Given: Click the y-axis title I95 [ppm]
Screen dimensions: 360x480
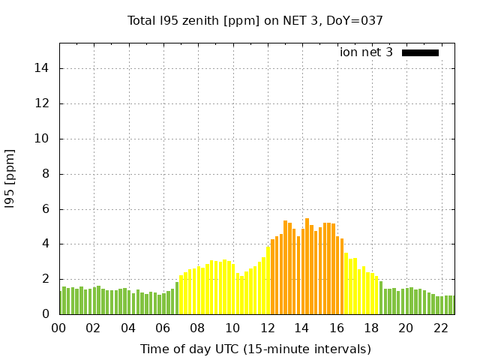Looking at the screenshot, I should click(10, 178).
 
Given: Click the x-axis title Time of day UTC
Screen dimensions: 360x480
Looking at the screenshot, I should click(256, 349).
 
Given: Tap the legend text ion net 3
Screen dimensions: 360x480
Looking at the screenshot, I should click(366, 52).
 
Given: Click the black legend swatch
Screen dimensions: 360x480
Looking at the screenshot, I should click(420, 52).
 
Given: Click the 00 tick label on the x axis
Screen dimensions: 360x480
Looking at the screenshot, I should click(58, 328).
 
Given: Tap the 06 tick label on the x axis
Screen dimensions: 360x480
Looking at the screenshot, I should click(163, 328).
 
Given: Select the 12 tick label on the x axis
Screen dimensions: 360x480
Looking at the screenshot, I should click(267, 328).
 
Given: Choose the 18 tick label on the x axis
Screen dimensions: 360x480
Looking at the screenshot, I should click(371, 328).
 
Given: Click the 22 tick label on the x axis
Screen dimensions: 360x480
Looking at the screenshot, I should click(440, 328).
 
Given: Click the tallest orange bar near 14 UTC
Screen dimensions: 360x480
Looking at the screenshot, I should click(307, 266).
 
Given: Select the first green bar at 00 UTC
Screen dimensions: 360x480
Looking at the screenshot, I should click(61, 302).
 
